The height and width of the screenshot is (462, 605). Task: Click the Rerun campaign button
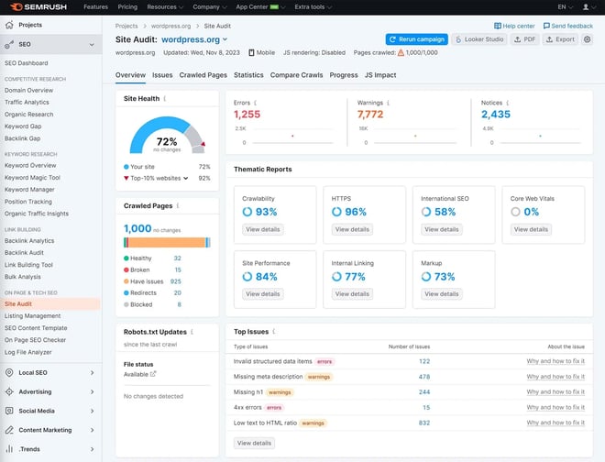point(416,39)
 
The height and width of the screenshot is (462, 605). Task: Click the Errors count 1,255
point(247,115)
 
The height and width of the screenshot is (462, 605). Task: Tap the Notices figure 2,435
point(496,115)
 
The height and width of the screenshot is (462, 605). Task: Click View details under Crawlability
point(263,229)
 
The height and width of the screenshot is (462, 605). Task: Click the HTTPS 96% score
point(356,212)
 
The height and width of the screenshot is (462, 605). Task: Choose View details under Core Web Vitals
point(531,229)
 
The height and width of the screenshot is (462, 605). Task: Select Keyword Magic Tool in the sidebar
point(32,178)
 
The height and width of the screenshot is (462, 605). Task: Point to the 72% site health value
point(167,141)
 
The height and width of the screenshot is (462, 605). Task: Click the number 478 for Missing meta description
point(423,377)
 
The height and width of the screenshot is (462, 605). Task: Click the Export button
point(559,39)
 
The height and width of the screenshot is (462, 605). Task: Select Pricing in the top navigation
point(127,6)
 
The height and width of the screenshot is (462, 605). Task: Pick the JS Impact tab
point(380,75)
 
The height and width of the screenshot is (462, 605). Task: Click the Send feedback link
point(569,26)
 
